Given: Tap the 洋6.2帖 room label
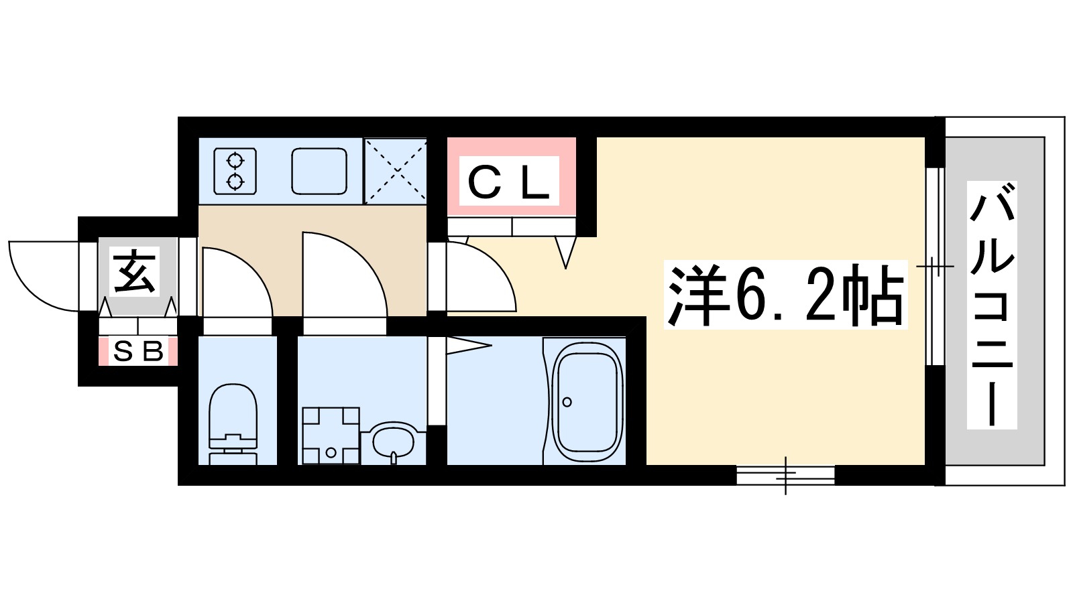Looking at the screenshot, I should tap(785, 295).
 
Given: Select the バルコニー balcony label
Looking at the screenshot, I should tap(992, 305).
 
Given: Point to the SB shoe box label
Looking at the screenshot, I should tap(138, 351).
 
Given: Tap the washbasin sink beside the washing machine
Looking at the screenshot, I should tap(394, 442).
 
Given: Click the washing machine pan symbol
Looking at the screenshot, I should tap(331, 435).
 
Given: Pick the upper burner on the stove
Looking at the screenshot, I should tap(235, 160).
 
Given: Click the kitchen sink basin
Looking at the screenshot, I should tap(319, 172).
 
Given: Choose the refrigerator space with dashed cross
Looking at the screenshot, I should tap(396, 171).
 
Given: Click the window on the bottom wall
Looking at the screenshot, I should tap(785, 475).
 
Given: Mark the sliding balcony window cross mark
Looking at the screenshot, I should tap(934, 267).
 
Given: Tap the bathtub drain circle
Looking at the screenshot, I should tap(567, 402).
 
